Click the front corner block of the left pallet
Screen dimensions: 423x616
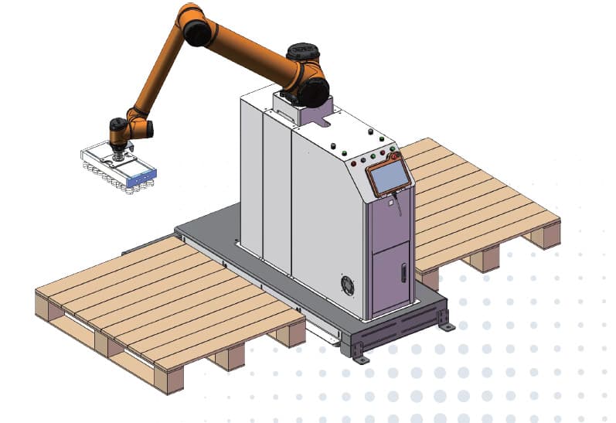point(169,380)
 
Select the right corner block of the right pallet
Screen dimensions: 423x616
point(547,234)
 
